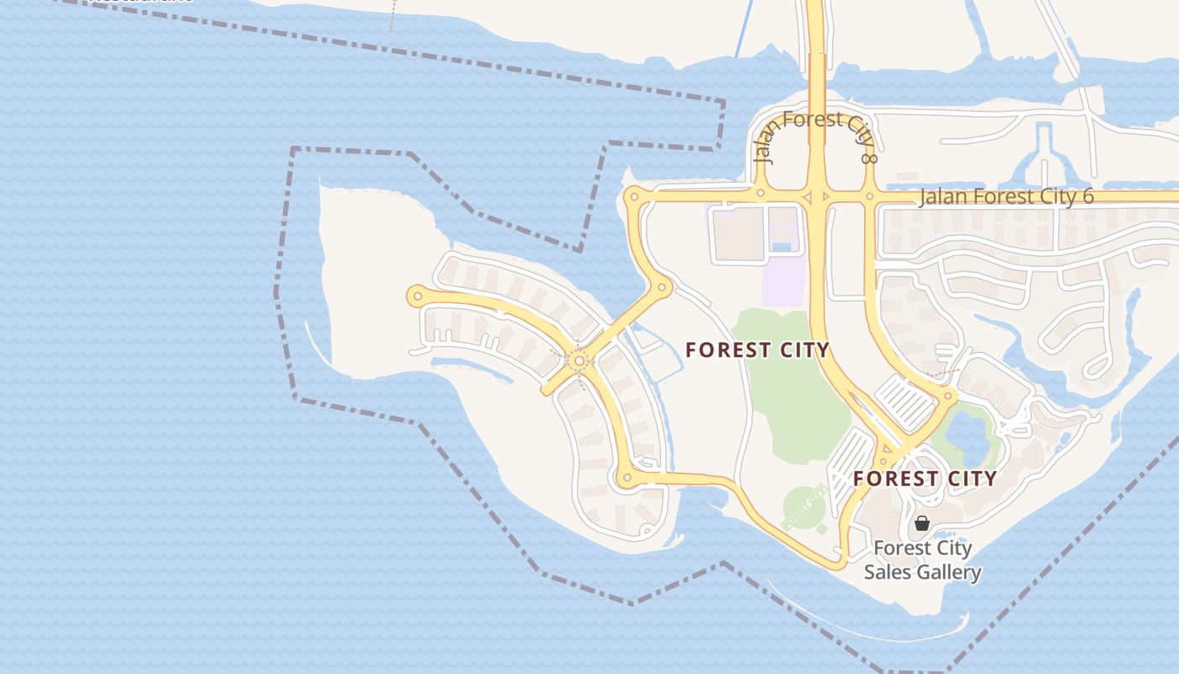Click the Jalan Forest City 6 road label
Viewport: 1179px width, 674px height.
[1006, 197]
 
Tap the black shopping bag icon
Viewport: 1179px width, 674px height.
[922, 523]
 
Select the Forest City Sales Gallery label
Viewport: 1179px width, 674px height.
[922, 560]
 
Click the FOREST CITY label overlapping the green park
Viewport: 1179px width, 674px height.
[757, 350]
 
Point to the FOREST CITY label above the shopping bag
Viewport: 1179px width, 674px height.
[925, 479]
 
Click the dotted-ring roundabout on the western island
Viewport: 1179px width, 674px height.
[579, 361]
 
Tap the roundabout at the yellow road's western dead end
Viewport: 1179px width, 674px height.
[416, 296]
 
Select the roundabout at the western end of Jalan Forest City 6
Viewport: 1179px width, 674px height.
[633, 198]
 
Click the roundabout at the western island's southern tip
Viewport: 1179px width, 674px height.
[626, 479]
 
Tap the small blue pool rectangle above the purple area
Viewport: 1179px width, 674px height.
[782, 246]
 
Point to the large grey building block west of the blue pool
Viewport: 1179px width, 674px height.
[738, 233]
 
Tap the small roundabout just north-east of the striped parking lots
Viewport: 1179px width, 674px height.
[948, 394]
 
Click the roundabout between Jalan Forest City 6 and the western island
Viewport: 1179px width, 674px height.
[662, 287]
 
